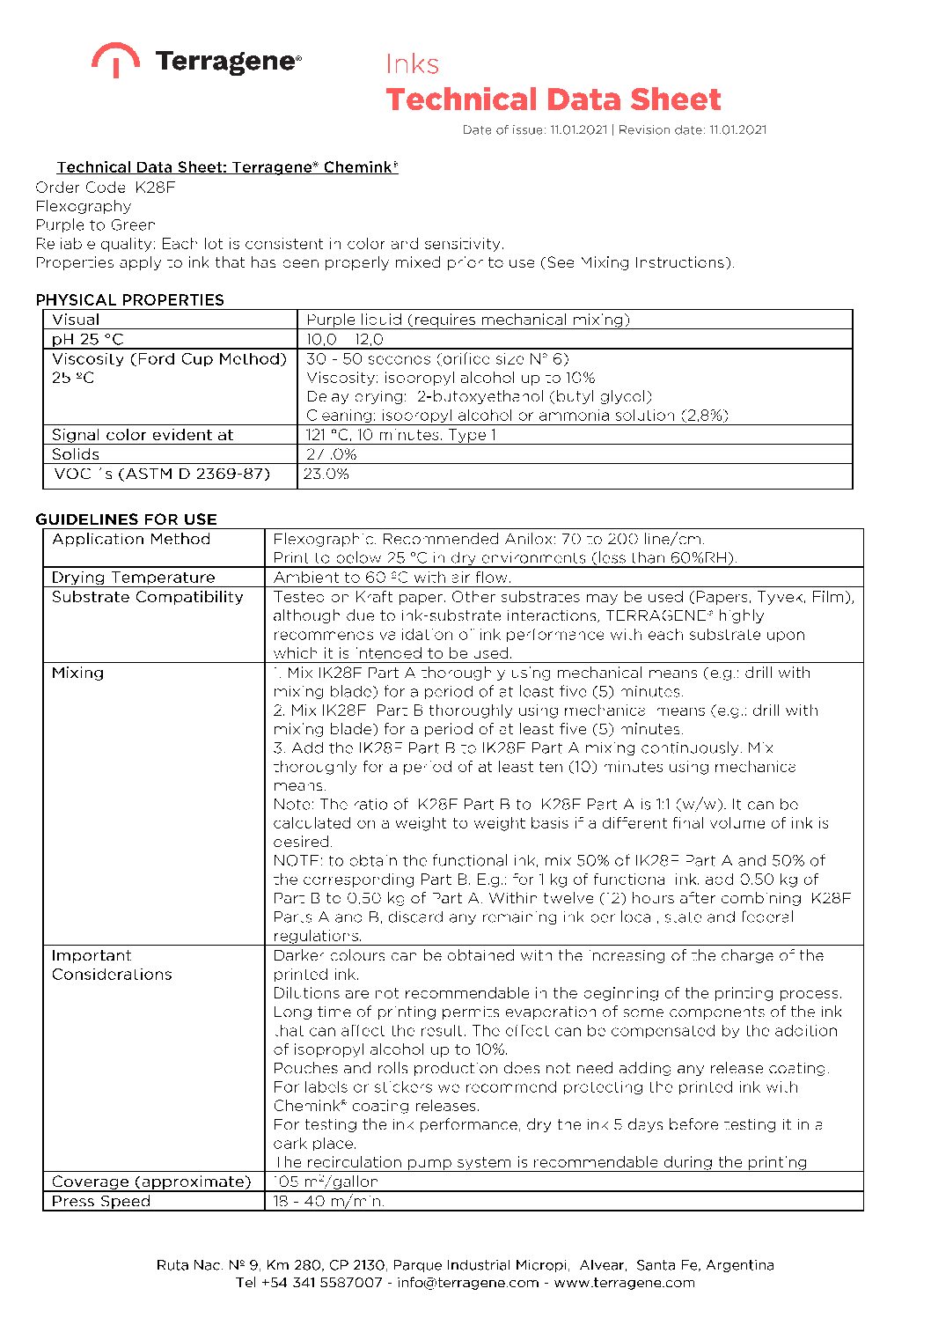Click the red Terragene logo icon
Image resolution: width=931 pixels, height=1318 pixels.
pyautogui.click(x=114, y=59)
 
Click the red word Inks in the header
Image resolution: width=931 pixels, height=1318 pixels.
pyautogui.click(x=412, y=64)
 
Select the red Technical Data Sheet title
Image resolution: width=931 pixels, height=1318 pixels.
pyautogui.click(x=553, y=99)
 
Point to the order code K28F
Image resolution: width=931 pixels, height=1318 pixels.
pyautogui.click(x=155, y=188)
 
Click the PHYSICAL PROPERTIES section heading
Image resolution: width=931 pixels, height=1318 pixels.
pyautogui.click(x=129, y=299)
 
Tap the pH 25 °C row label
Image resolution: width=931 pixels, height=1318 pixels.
pyautogui.click(x=88, y=339)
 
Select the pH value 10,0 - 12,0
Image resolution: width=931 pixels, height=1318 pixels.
pyautogui.click(x=345, y=339)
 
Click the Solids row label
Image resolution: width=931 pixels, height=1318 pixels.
pyautogui.click(x=76, y=454)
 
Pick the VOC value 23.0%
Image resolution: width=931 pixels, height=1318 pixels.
pyautogui.click(x=326, y=474)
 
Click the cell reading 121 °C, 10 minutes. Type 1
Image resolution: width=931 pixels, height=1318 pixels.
pyautogui.click(x=401, y=435)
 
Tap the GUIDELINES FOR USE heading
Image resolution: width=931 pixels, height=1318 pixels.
pyautogui.click(x=126, y=519)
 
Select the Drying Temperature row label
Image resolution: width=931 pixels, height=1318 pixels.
pyautogui.click(x=133, y=578)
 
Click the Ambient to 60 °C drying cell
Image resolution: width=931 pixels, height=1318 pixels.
pyautogui.click(x=392, y=578)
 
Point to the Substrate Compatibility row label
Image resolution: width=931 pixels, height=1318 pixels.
pyautogui.click(x=147, y=597)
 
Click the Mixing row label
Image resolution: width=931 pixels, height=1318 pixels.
pyautogui.click(x=77, y=673)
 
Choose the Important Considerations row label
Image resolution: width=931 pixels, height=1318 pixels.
pyautogui.click(x=112, y=965)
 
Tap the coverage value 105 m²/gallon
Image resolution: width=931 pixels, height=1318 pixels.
pyautogui.click(x=326, y=1182)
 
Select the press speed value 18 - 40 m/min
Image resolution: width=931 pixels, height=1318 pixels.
pyautogui.click(x=328, y=1201)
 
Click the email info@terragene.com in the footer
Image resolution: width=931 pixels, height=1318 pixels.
pyautogui.click(x=467, y=1283)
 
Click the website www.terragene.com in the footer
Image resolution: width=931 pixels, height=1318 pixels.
pyautogui.click(x=624, y=1283)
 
